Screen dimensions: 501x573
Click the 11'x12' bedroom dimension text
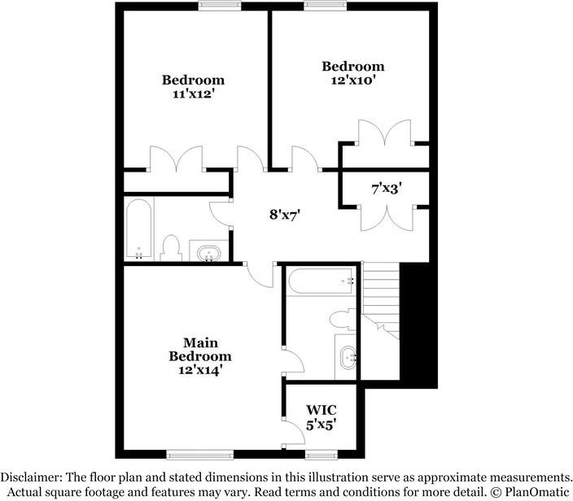click(x=193, y=94)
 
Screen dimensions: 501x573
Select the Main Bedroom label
click(x=200, y=350)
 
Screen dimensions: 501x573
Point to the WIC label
click(x=321, y=410)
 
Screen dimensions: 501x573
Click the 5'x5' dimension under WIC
click(x=321, y=424)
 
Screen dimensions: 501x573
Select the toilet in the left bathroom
click(x=170, y=247)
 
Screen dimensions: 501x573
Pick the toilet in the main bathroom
click(x=342, y=320)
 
